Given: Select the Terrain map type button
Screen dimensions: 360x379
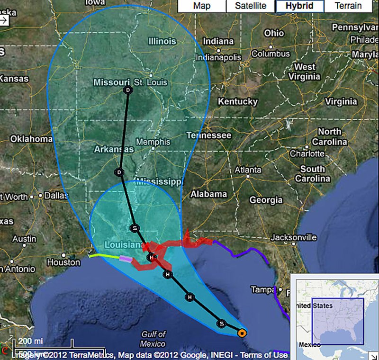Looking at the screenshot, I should [348, 6].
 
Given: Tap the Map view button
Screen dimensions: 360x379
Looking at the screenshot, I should [202, 6].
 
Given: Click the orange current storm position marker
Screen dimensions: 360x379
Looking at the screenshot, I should [242, 333].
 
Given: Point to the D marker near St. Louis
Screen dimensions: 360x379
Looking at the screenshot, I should [127, 90].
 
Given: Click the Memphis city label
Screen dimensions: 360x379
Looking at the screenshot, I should [153, 142].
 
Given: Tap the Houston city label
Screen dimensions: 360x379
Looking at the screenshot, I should [63, 262].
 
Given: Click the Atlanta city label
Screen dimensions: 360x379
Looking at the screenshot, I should [248, 170].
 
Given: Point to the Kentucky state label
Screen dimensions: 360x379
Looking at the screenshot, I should [237, 101].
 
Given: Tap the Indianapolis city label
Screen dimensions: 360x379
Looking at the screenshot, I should [218, 58].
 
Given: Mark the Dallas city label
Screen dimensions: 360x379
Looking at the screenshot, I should [56, 195].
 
